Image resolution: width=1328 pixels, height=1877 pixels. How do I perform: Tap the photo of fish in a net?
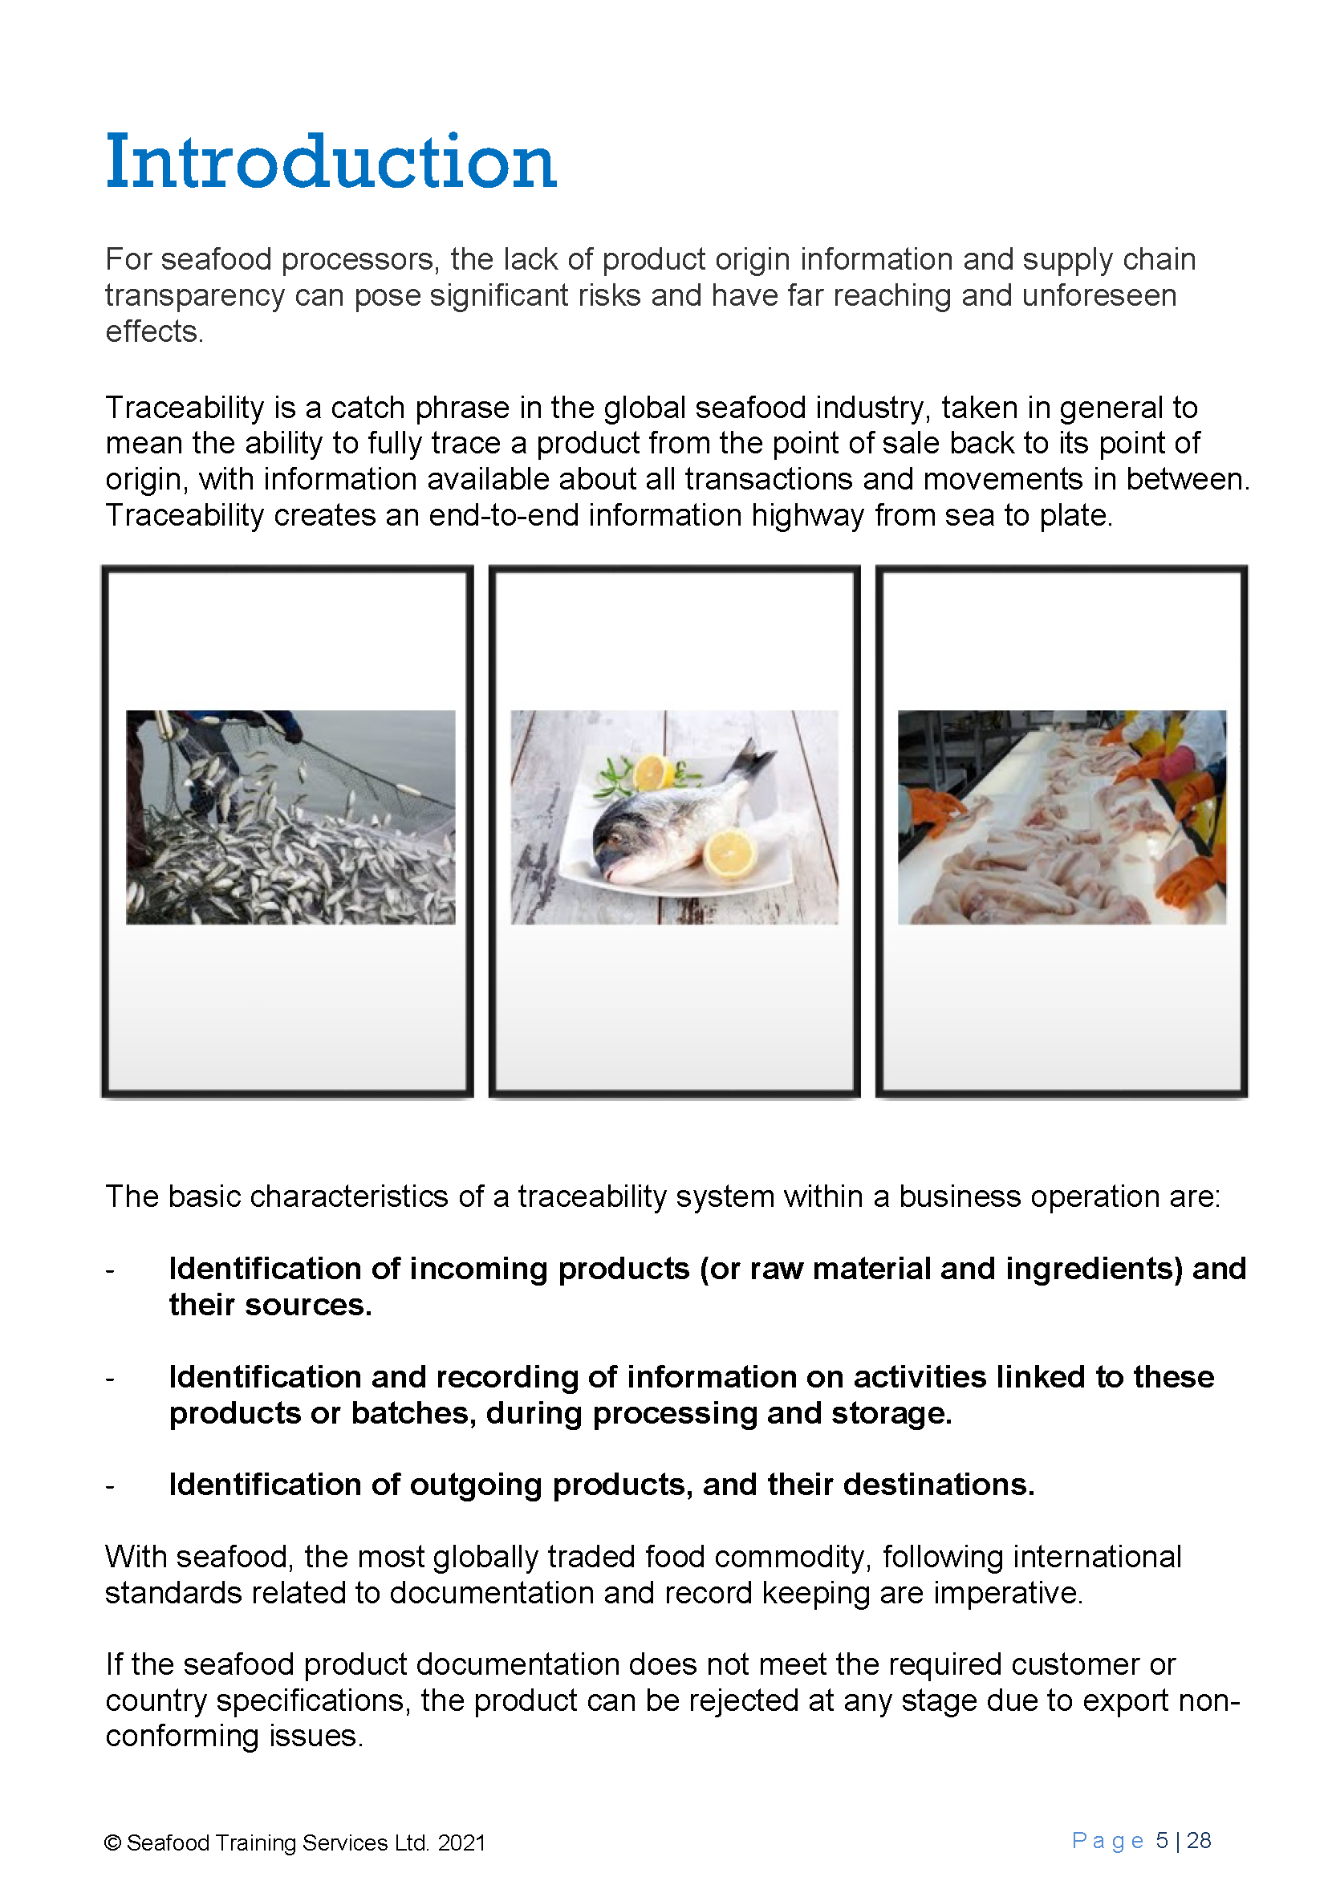pos(290,816)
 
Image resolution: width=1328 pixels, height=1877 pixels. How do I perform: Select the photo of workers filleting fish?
pos(1062,816)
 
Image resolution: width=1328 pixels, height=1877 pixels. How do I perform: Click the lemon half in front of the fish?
pos(729,853)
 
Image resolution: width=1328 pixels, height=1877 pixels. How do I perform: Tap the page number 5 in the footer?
pos(1161,1840)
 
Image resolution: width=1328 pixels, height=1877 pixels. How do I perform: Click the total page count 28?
pos(1199,1840)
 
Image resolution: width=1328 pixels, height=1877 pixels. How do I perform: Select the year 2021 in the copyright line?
pos(461,1842)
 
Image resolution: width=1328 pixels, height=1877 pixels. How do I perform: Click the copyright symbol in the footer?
pos(113,1842)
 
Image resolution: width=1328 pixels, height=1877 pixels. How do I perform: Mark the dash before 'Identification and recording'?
pos(110,1379)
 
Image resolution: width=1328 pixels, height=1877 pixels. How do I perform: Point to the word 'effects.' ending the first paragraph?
pos(155,331)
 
